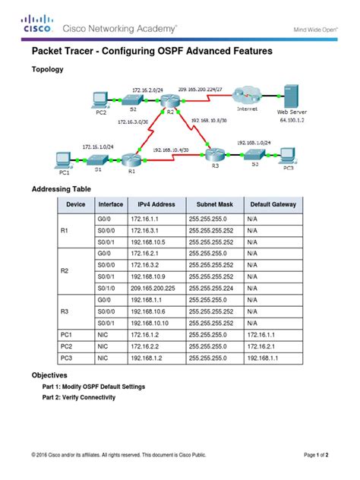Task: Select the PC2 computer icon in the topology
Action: tap(99, 98)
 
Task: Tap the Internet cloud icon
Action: tap(248, 96)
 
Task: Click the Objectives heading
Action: tap(50, 375)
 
